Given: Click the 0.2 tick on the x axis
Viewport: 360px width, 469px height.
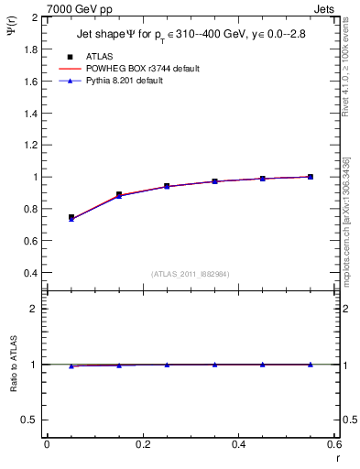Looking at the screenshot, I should click(x=142, y=445).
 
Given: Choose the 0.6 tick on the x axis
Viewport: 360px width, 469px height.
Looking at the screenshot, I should click(x=333, y=445).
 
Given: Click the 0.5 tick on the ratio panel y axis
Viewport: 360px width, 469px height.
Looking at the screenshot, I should click(x=30, y=420).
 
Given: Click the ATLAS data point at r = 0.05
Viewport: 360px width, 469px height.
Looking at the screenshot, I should click(x=71, y=217).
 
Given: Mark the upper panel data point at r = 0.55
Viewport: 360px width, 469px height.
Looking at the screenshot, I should click(x=311, y=177).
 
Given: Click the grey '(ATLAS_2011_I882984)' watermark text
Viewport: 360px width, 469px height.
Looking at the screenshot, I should click(x=190, y=273).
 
